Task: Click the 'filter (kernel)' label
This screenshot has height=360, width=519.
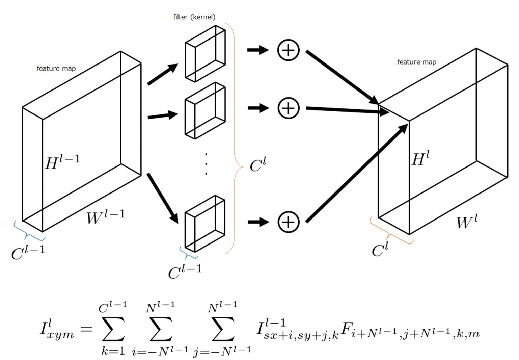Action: pyautogui.click(x=194, y=17)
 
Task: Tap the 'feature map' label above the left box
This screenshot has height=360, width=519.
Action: pyautogui.click(x=56, y=69)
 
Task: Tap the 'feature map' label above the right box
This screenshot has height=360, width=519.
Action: pyautogui.click(x=417, y=62)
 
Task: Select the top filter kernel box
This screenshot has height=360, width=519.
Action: pyautogui.click(x=205, y=54)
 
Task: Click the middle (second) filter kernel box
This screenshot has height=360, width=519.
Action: pyautogui.click(x=205, y=110)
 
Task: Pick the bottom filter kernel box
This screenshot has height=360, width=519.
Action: pyautogui.click(x=205, y=224)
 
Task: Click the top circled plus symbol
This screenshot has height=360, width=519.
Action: pyautogui.click(x=288, y=50)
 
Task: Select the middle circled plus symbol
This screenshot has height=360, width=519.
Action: pyautogui.click(x=288, y=108)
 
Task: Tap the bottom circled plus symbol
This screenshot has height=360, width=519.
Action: pyautogui.click(x=288, y=222)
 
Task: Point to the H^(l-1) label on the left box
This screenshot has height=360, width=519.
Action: pyautogui.click(x=63, y=162)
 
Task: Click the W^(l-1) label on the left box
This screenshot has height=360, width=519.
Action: pyautogui.click(x=106, y=216)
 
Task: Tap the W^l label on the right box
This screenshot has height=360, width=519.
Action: pyautogui.click(x=467, y=222)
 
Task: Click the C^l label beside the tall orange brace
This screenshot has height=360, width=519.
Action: pyautogui.click(x=258, y=165)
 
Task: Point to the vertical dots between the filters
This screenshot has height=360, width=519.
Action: pyautogui.click(x=206, y=164)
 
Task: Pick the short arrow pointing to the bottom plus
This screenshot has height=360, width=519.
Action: pyautogui.click(x=258, y=222)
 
